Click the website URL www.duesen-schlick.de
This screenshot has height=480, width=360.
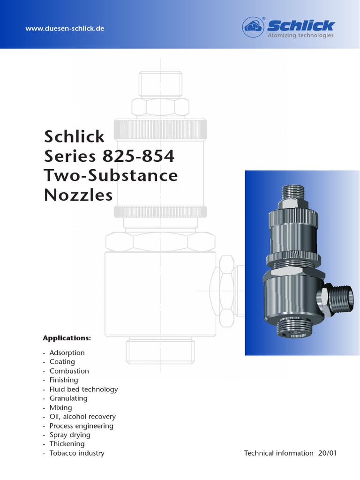tap(65, 29)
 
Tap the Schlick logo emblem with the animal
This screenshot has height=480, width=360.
tap(254, 27)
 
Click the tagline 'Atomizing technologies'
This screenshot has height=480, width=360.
tap(300, 36)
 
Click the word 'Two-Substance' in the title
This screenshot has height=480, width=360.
tap(111, 175)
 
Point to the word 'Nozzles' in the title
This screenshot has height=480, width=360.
tap(78, 195)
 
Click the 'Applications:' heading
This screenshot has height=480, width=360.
tap(67, 338)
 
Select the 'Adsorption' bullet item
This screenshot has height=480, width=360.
tap(67, 352)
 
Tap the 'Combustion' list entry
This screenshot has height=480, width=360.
tap(69, 371)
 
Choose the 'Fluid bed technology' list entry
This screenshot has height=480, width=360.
tap(83, 389)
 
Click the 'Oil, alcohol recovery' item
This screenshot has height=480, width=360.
tap(82, 416)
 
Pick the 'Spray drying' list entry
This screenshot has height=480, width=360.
tap(70, 435)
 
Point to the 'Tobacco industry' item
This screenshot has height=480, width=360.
tap(77, 453)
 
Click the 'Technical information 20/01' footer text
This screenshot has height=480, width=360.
tap(290, 453)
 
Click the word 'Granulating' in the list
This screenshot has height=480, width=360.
tap(68, 398)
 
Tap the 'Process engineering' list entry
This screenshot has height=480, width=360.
tap(81, 426)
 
